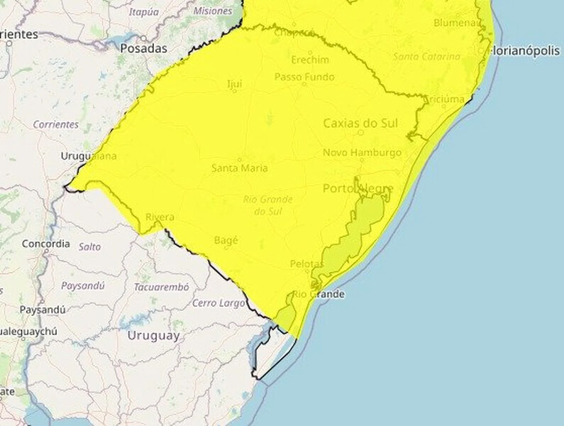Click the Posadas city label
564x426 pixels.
[143, 49]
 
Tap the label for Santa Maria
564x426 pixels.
[239, 168]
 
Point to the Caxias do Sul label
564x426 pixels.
[360, 124]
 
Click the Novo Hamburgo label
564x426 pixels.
[362, 153]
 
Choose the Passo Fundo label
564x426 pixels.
[304, 77]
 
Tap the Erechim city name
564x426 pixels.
[310, 60]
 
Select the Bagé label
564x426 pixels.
[226, 241]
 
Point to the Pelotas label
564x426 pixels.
[306, 264]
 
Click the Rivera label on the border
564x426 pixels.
[159, 217]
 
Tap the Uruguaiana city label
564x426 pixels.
[89, 156]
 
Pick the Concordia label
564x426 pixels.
[46, 244]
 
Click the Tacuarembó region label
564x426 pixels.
[161, 288]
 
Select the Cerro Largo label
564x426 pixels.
[218, 303]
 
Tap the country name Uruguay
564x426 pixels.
[153, 337]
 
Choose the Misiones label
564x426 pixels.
[211, 11]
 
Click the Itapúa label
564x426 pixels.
[144, 11]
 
